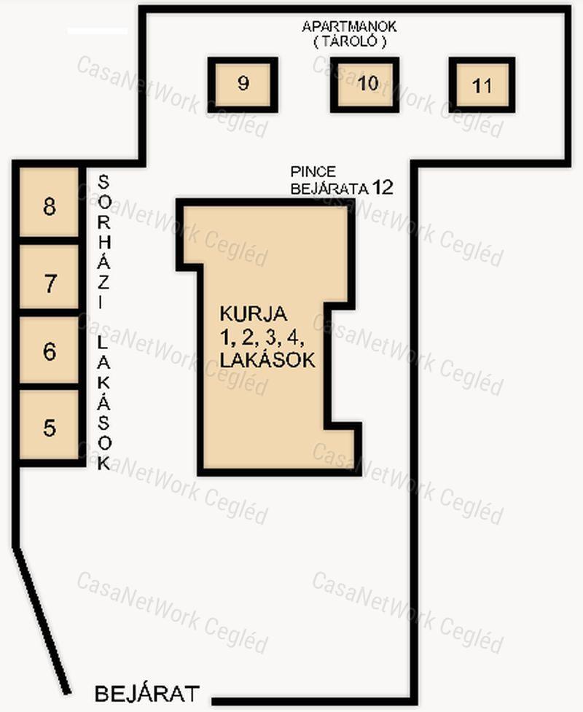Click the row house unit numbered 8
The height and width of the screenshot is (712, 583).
(49, 202)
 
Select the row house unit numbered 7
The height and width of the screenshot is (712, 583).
(49, 277)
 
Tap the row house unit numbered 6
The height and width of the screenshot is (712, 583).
(49, 350)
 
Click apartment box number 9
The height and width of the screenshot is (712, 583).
(243, 85)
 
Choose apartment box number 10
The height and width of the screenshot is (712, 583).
(364, 85)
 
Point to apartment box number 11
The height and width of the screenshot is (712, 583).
(482, 85)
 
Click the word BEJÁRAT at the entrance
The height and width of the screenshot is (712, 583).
(146, 694)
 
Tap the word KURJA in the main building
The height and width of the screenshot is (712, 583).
(254, 314)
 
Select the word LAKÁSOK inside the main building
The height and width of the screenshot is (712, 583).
(267, 359)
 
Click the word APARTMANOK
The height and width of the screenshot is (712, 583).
(349, 26)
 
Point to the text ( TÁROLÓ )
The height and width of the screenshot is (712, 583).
(350, 42)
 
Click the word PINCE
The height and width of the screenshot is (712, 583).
(313, 172)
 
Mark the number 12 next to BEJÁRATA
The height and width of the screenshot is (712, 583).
(383, 187)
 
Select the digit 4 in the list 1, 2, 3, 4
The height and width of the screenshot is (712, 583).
(293, 337)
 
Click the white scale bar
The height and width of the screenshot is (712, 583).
(97, 31)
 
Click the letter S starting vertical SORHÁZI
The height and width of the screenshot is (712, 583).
(103, 182)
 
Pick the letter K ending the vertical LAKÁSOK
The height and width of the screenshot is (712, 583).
(104, 463)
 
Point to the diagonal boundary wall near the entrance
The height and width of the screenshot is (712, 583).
(42, 621)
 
